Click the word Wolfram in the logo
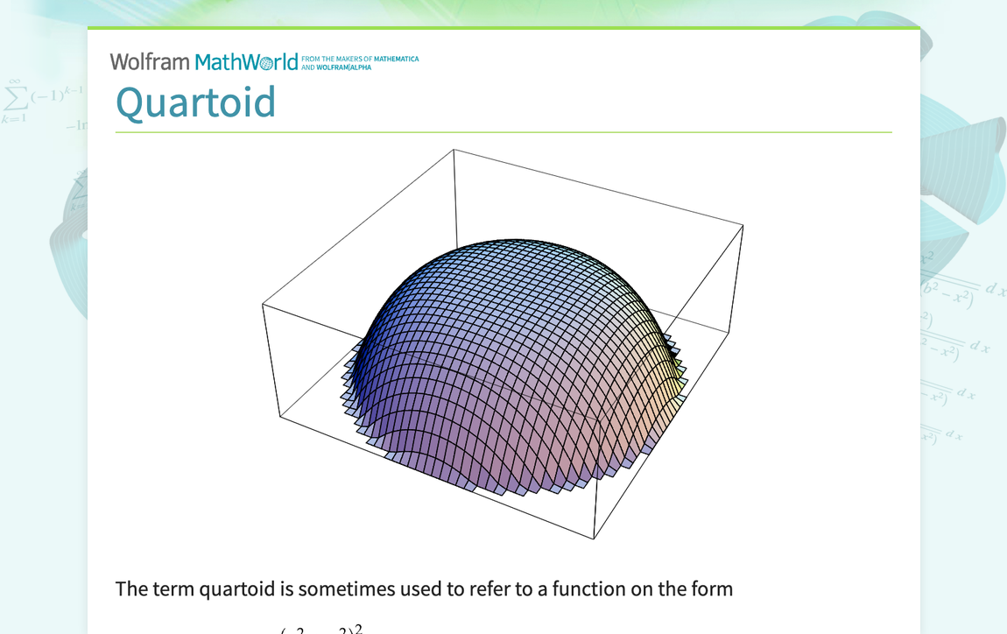coord(149,62)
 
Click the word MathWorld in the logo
coord(246,62)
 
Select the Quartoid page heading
coord(195,102)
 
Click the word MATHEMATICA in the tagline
coord(397,60)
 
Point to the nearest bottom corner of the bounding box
coord(595,539)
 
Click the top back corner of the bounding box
coord(454,150)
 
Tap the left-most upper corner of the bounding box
coord(263,304)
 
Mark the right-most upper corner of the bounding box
coord(743,225)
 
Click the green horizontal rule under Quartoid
coord(503,132)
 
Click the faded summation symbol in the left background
coord(14,95)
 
